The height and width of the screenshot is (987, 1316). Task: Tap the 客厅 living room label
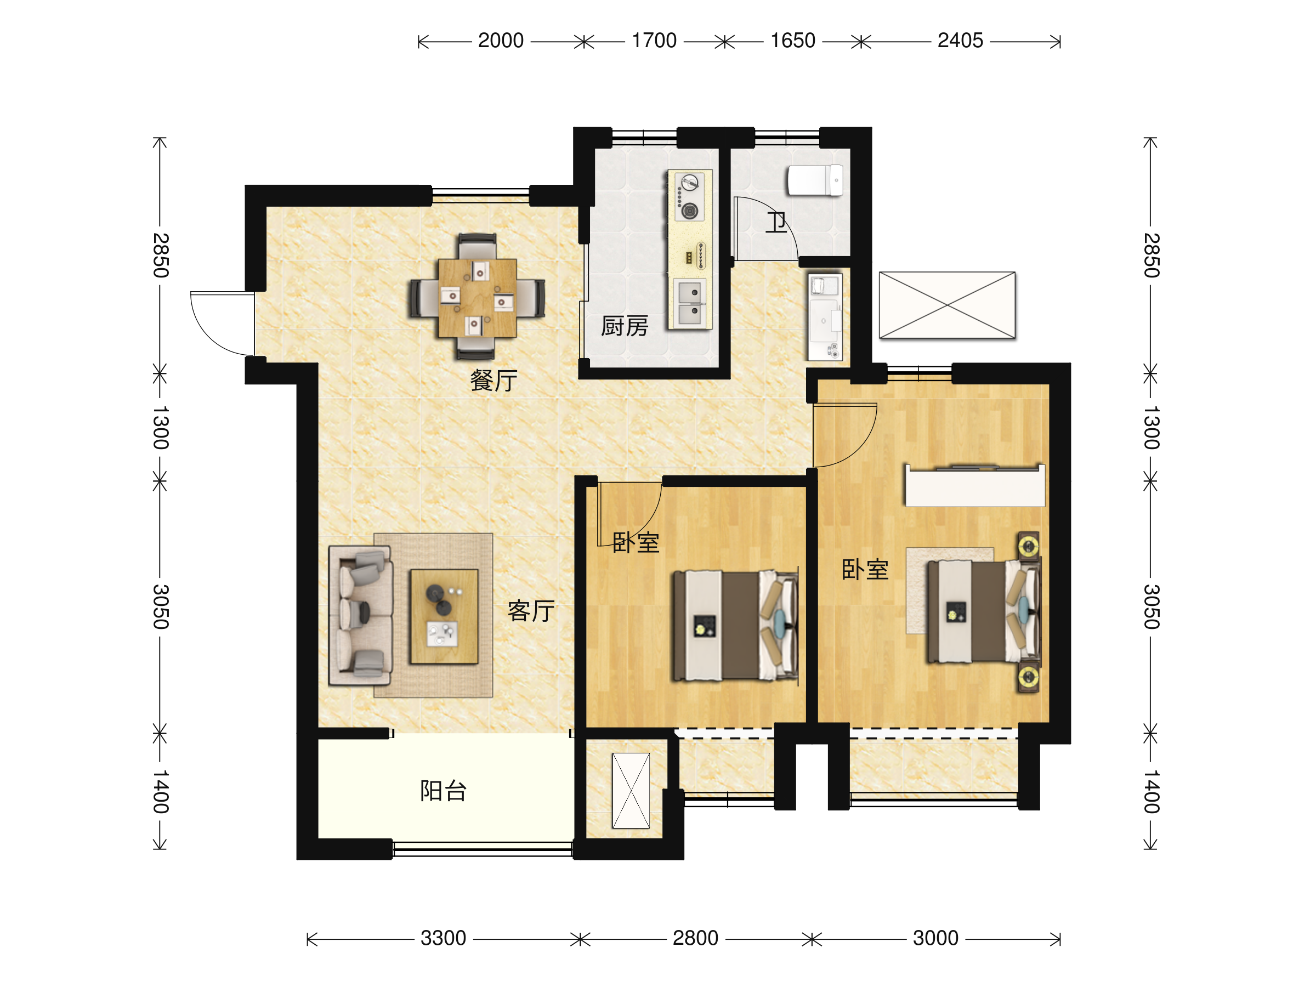(x=531, y=611)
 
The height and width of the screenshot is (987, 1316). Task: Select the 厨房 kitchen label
(x=624, y=326)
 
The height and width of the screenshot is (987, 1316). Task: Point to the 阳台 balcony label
(x=443, y=791)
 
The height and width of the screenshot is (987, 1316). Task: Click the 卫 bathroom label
(x=776, y=223)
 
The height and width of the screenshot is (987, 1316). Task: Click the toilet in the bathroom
(x=815, y=180)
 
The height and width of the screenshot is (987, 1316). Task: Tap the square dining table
(x=477, y=297)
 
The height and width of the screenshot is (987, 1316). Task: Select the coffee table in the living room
(x=444, y=616)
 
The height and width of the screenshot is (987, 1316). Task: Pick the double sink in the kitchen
(x=690, y=303)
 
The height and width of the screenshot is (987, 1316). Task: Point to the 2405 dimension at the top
(x=960, y=41)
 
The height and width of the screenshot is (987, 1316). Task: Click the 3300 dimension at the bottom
(x=443, y=938)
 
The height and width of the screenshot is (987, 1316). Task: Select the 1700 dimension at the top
(x=654, y=41)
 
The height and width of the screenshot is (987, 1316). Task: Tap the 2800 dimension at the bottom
(x=695, y=938)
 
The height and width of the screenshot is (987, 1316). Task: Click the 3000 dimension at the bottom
(x=936, y=938)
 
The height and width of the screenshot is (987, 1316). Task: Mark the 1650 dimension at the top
(x=792, y=41)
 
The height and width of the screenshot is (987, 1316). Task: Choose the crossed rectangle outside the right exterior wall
(x=947, y=305)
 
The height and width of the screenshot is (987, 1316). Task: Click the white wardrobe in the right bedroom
(x=975, y=485)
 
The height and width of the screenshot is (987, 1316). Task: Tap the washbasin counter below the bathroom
(x=825, y=316)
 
